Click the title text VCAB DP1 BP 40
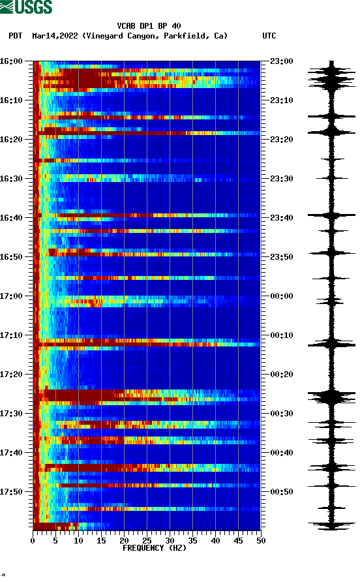tap(149, 26)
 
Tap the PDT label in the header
tap(16, 36)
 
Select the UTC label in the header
tap(269, 36)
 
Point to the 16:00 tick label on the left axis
tap(11, 61)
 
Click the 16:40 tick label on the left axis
tap(11, 218)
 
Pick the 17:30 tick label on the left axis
tap(11, 414)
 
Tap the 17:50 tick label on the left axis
tap(11, 492)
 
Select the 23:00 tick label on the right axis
tap(281, 61)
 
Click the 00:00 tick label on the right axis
tap(281, 296)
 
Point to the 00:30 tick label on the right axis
tap(281, 414)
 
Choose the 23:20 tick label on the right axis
tap(281, 140)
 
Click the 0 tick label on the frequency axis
tap(33, 540)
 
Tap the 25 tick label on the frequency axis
tap(147, 540)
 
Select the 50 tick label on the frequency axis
tap(261, 540)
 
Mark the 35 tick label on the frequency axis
tap(192, 540)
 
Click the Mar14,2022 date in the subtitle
tap(55, 36)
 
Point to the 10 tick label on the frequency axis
tap(78, 540)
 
